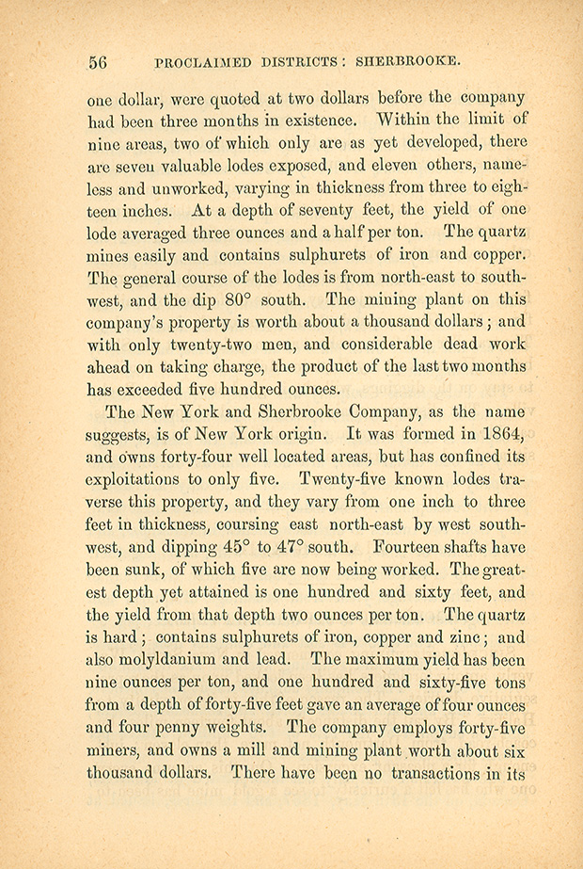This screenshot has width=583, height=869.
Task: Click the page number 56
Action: [x=98, y=62]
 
